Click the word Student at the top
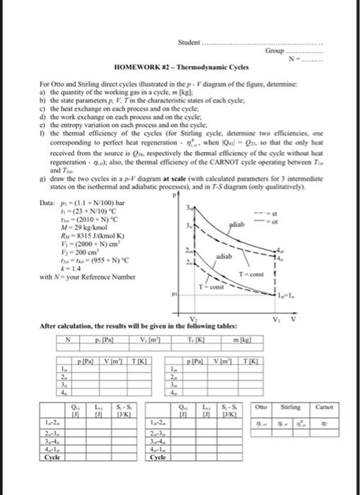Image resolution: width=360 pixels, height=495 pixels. [x=190, y=23]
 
